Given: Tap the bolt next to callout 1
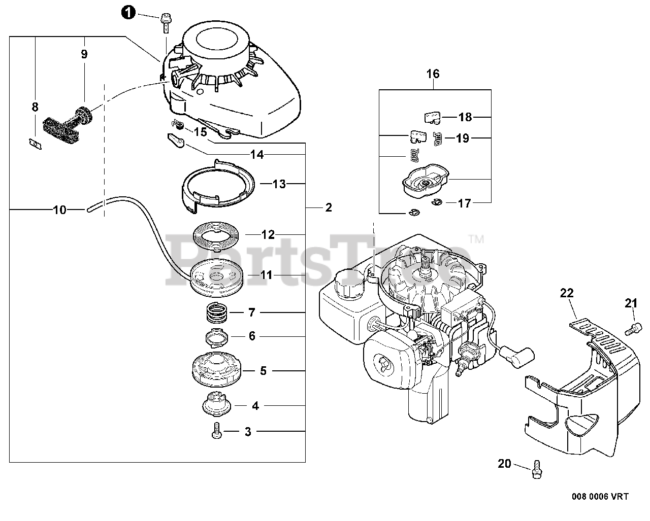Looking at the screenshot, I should coord(166,20).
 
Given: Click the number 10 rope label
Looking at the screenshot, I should coord(60,209).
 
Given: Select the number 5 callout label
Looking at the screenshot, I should coord(263,371).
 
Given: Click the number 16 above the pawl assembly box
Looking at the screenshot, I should coord(433,74).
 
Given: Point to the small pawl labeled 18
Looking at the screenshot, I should coord(432,117).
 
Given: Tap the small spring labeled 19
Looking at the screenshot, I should coord(438,138).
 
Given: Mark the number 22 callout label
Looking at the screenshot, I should coord(567,293).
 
